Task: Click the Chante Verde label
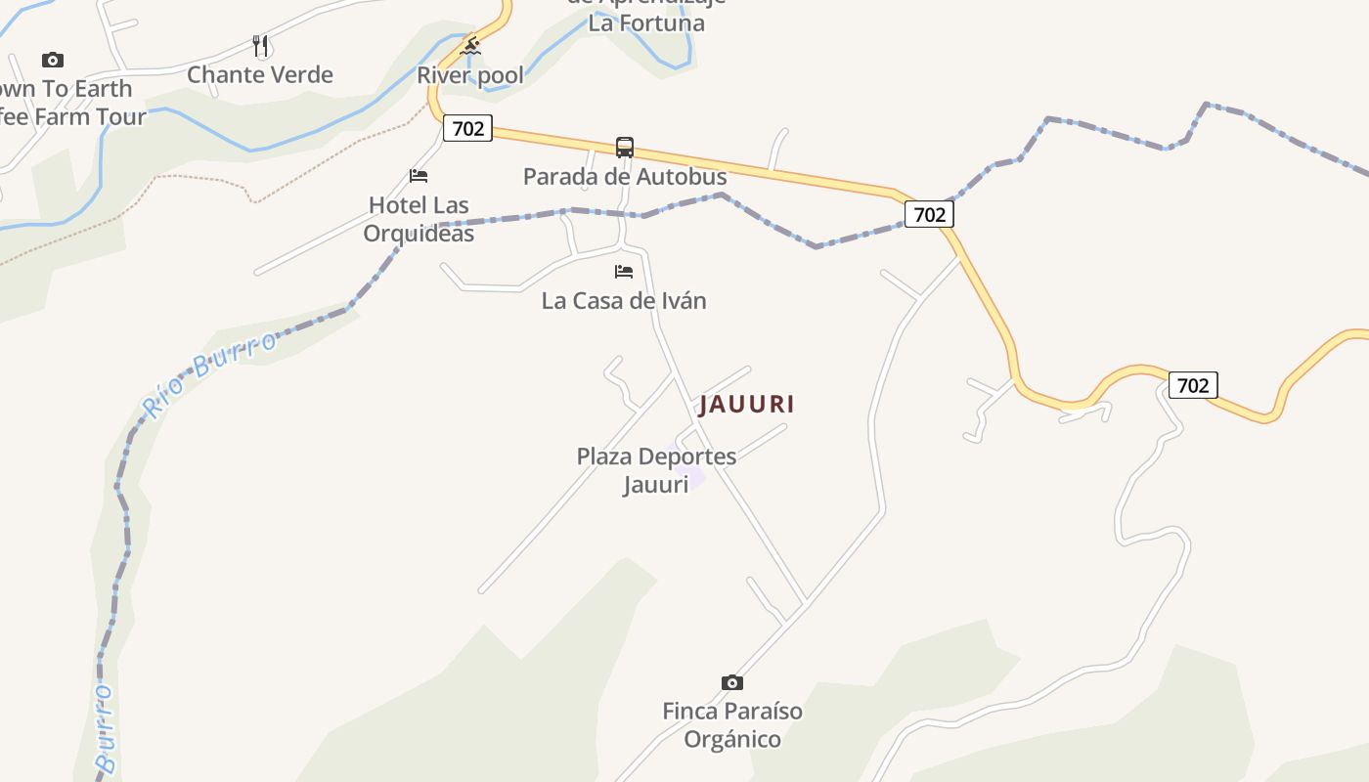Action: (x=260, y=75)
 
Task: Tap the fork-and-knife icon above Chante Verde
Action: (x=260, y=45)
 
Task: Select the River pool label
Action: (x=470, y=75)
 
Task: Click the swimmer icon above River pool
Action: (x=471, y=45)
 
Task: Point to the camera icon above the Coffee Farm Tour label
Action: (x=53, y=61)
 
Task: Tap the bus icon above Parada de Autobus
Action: (x=625, y=148)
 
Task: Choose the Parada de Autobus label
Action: (x=625, y=177)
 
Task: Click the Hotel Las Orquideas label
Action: (x=419, y=220)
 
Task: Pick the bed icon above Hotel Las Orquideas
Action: (x=419, y=176)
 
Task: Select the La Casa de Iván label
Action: (x=624, y=301)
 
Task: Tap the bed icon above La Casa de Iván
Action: (x=624, y=272)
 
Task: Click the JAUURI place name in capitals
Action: (x=747, y=404)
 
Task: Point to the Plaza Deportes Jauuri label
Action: (x=656, y=470)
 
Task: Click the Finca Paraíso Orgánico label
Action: (x=732, y=725)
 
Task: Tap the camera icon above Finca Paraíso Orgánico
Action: (x=732, y=682)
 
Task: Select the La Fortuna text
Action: (x=646, y=23)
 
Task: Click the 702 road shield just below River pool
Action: (x=467, y=128)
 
